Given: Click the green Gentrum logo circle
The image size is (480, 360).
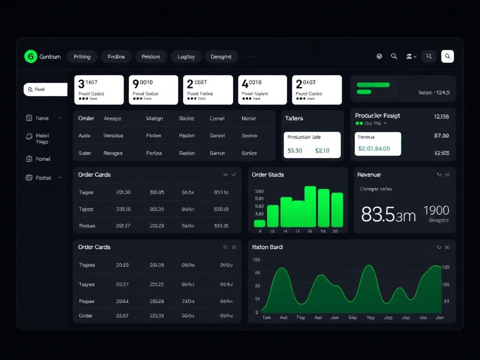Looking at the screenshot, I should coord(30,57).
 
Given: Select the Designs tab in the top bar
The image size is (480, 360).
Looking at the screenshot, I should coord(221,57).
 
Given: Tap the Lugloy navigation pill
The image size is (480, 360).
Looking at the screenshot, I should coord(186,57).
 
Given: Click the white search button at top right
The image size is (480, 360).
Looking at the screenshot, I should coord(447,57).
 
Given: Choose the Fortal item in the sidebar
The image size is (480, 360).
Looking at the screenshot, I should coord(43,159).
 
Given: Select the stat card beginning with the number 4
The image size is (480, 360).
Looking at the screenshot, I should coord(262,90).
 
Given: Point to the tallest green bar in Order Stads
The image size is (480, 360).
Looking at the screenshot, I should coord(310,207).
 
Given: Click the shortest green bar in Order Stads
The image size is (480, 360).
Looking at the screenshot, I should coord(260,224).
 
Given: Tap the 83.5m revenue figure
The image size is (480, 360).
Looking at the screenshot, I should coord(388,214).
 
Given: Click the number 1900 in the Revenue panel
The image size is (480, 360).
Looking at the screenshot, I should coord(436,210).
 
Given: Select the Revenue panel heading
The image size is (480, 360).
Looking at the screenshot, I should coord(369,175).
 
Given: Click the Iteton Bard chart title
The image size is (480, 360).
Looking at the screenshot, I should coord(267,247).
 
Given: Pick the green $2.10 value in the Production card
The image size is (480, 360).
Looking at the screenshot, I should coord(322,150).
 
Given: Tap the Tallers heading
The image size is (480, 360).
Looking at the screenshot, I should coord(294,119).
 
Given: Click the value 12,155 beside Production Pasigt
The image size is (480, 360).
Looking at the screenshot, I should coord(441,117).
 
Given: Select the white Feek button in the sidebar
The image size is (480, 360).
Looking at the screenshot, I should coord(45,89).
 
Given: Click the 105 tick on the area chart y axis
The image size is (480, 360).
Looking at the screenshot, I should coord(256,260).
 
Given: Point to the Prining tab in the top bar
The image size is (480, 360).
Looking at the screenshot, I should coord(82,57).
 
